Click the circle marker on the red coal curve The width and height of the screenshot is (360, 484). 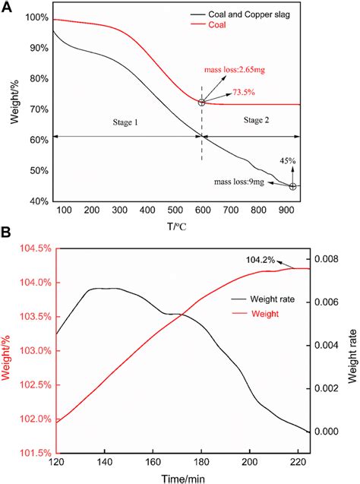(x=202, y=102)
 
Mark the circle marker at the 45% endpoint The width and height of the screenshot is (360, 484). (x=292, y=186)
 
